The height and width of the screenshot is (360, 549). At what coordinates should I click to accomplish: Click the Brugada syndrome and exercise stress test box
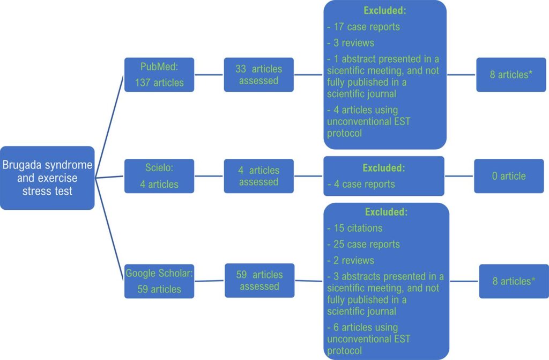[47, 178]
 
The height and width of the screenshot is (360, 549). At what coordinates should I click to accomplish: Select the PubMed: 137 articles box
[159, 75]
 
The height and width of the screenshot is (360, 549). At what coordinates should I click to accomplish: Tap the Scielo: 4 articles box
[159, 176]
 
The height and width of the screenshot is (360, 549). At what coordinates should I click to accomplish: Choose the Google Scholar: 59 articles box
[159, 281]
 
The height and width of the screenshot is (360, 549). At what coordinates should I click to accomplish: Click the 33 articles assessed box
[259, 75]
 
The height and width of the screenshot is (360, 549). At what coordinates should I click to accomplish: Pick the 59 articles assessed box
[259, 281]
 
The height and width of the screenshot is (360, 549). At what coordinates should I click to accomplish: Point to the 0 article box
[509, 176]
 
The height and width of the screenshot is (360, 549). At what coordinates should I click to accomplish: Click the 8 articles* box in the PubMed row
[511, 75]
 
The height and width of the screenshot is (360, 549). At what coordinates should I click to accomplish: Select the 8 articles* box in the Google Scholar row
[514, 281]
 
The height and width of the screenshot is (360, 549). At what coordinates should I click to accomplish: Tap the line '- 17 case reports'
[363, 27]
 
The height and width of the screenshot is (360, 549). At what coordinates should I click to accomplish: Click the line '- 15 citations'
[355, 228]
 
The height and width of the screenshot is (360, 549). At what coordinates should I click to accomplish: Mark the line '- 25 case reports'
[363, 244]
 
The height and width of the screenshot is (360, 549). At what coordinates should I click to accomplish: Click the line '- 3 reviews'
[351, 43]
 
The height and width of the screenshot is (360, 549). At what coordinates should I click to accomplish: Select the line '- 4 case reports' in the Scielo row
[361, 184]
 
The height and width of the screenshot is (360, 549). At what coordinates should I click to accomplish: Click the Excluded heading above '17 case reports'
[385, 11]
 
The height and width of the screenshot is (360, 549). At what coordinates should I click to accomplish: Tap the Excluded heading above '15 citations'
[386, 212]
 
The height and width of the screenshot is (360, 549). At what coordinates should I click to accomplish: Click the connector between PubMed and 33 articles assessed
[209, 75]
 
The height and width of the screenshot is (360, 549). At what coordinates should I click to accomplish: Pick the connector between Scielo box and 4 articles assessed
[209, 176]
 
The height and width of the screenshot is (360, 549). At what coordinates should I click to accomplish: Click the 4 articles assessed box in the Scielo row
[259, 176]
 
